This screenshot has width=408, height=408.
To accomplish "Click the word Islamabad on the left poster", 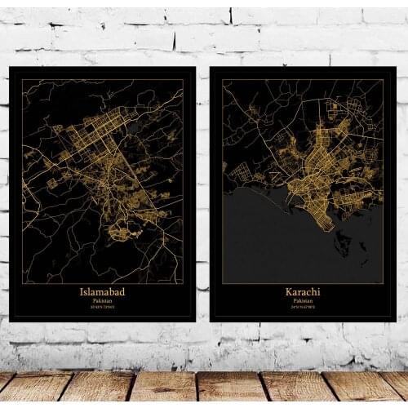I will click(102, 291).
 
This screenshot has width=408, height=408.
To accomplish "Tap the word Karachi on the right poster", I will click(303, 292).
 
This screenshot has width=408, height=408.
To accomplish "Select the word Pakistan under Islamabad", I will click(102, 300).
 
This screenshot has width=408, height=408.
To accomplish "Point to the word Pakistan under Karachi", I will click(303, 301).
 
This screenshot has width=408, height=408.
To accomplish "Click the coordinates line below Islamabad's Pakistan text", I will click(102, 307).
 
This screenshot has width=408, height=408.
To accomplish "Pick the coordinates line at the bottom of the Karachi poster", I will click(303, 308).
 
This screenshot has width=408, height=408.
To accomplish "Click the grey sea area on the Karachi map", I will click(269, 245).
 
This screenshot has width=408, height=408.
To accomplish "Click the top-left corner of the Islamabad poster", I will click(11, 68).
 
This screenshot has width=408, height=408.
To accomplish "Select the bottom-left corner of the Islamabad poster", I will click(11, 320).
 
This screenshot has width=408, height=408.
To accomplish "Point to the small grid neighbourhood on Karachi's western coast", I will click(239, 171).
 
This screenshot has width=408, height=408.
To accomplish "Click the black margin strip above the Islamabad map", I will click(102, 73).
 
